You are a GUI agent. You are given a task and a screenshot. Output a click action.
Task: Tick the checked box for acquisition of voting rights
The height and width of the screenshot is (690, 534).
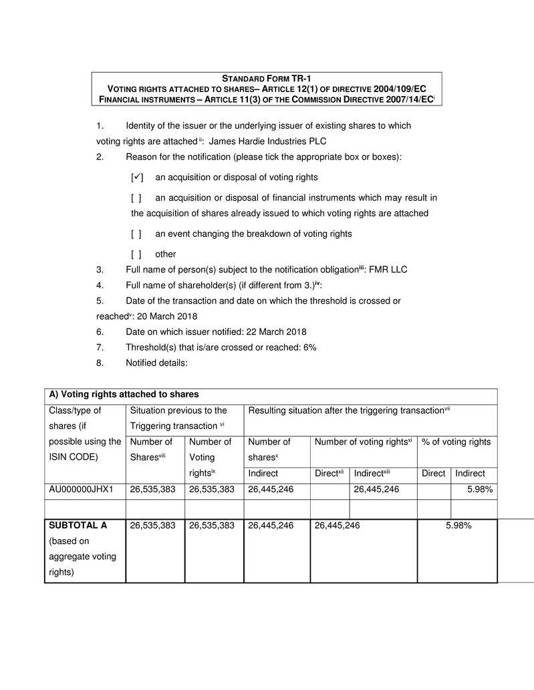137,178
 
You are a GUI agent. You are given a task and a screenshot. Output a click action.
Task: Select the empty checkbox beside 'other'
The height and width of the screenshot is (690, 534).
136,254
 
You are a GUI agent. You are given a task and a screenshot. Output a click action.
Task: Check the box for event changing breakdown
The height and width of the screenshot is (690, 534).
136,234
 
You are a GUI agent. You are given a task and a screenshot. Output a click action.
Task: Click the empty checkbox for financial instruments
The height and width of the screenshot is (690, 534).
136,198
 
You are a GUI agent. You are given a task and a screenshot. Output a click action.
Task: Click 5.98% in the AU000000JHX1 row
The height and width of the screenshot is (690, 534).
481,490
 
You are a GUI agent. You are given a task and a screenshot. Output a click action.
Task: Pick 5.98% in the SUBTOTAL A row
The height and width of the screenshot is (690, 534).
459,526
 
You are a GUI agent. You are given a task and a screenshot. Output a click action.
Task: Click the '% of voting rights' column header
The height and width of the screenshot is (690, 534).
455,442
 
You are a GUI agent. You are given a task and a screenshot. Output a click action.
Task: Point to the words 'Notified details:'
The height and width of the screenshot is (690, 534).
156,363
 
